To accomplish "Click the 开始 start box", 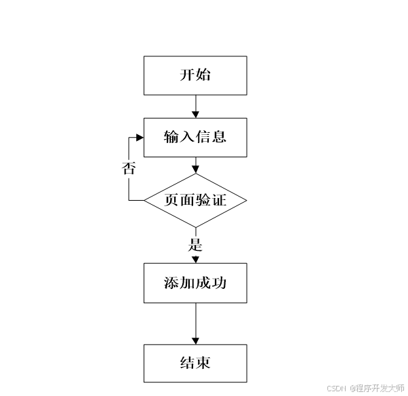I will (x=195, y=75).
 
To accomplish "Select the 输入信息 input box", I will (x=195, y=138).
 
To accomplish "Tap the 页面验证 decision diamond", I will (x=195, y=200).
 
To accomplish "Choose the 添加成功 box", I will (x=195, y=283).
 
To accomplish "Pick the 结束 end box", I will (x=195, y=363).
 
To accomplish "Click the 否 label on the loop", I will (x=129, y=168).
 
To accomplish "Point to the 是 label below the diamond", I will (x=195, y=244).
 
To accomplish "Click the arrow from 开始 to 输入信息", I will (x=195, y=106).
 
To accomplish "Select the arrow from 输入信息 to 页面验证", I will (x=195, y=165).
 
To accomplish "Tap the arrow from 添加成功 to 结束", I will (x=195, y=324).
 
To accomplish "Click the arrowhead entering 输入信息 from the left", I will (x=140, y=138).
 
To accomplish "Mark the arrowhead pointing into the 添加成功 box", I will (x=195, y=259).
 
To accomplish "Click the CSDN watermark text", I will (x=336, y=389).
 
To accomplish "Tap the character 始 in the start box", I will (x=203, y=75).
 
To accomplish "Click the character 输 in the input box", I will (x=171, y=138).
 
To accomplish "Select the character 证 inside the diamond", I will (x=218, y=200).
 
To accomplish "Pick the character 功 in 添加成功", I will (x=218, y=283).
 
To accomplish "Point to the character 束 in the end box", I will (x=203, y=363).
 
